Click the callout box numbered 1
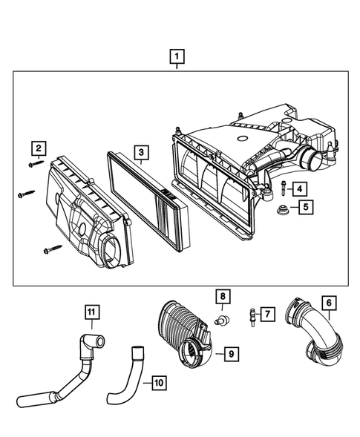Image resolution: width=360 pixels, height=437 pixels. pos(177,55)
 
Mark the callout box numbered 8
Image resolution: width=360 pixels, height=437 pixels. pos(221,298)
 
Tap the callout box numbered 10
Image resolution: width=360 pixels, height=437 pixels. pos(158,383)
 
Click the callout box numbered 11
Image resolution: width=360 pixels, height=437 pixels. pos(91,312)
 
